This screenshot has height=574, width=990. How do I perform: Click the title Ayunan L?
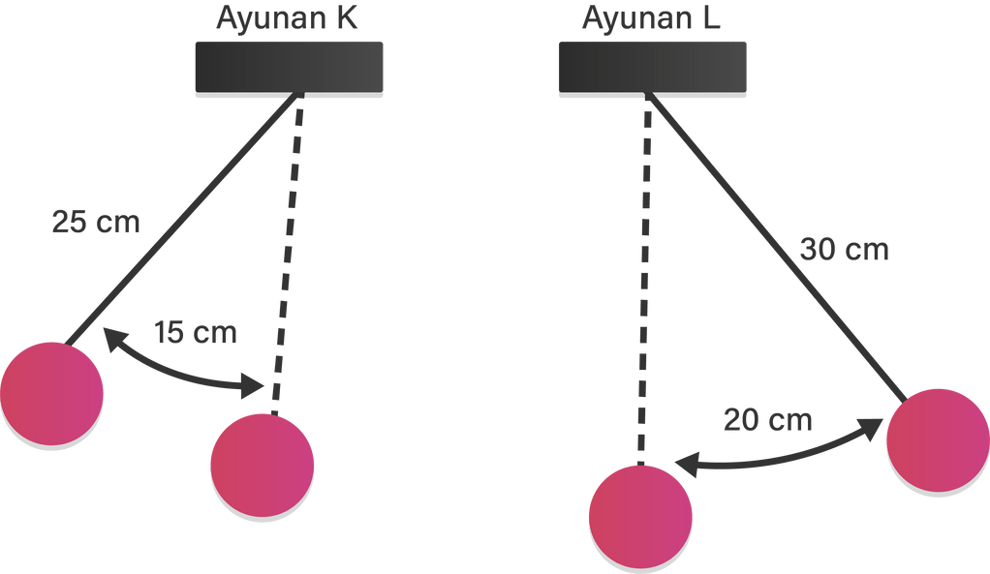click(652, 17)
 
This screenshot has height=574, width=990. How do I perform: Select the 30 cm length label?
click(845, 250)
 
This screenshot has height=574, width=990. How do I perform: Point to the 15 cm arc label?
click(196, 333)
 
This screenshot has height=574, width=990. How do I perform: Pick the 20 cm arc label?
click(768, 422)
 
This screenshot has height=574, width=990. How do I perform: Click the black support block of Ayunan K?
click(290, 67)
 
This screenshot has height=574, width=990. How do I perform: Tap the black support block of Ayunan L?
click(652, 67)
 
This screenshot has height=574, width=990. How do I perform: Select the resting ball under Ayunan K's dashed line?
click(262, 465)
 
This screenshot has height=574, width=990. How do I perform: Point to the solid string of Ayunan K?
click(184, 219)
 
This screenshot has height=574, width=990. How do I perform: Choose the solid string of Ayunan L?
click(775, 242)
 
